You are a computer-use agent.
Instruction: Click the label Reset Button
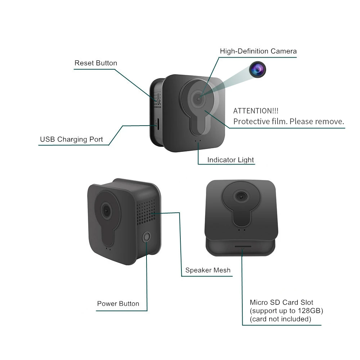tap(96, 63)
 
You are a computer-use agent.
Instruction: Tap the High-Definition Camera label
tap(258, 51)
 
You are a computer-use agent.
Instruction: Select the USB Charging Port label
tap(71, 139)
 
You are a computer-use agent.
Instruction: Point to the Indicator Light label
tap(230, 160)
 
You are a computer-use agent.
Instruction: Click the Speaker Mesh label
tap(208, 270)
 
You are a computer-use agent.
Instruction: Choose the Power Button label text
tap(118, 304)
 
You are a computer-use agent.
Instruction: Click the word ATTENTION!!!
tap(256, 111)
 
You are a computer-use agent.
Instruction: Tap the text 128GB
tap(310, 311)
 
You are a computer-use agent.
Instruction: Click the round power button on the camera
tap(147, 237)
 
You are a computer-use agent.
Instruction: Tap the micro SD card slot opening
tap(242, 247)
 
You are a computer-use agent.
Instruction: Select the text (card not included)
tap(280, 319)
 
